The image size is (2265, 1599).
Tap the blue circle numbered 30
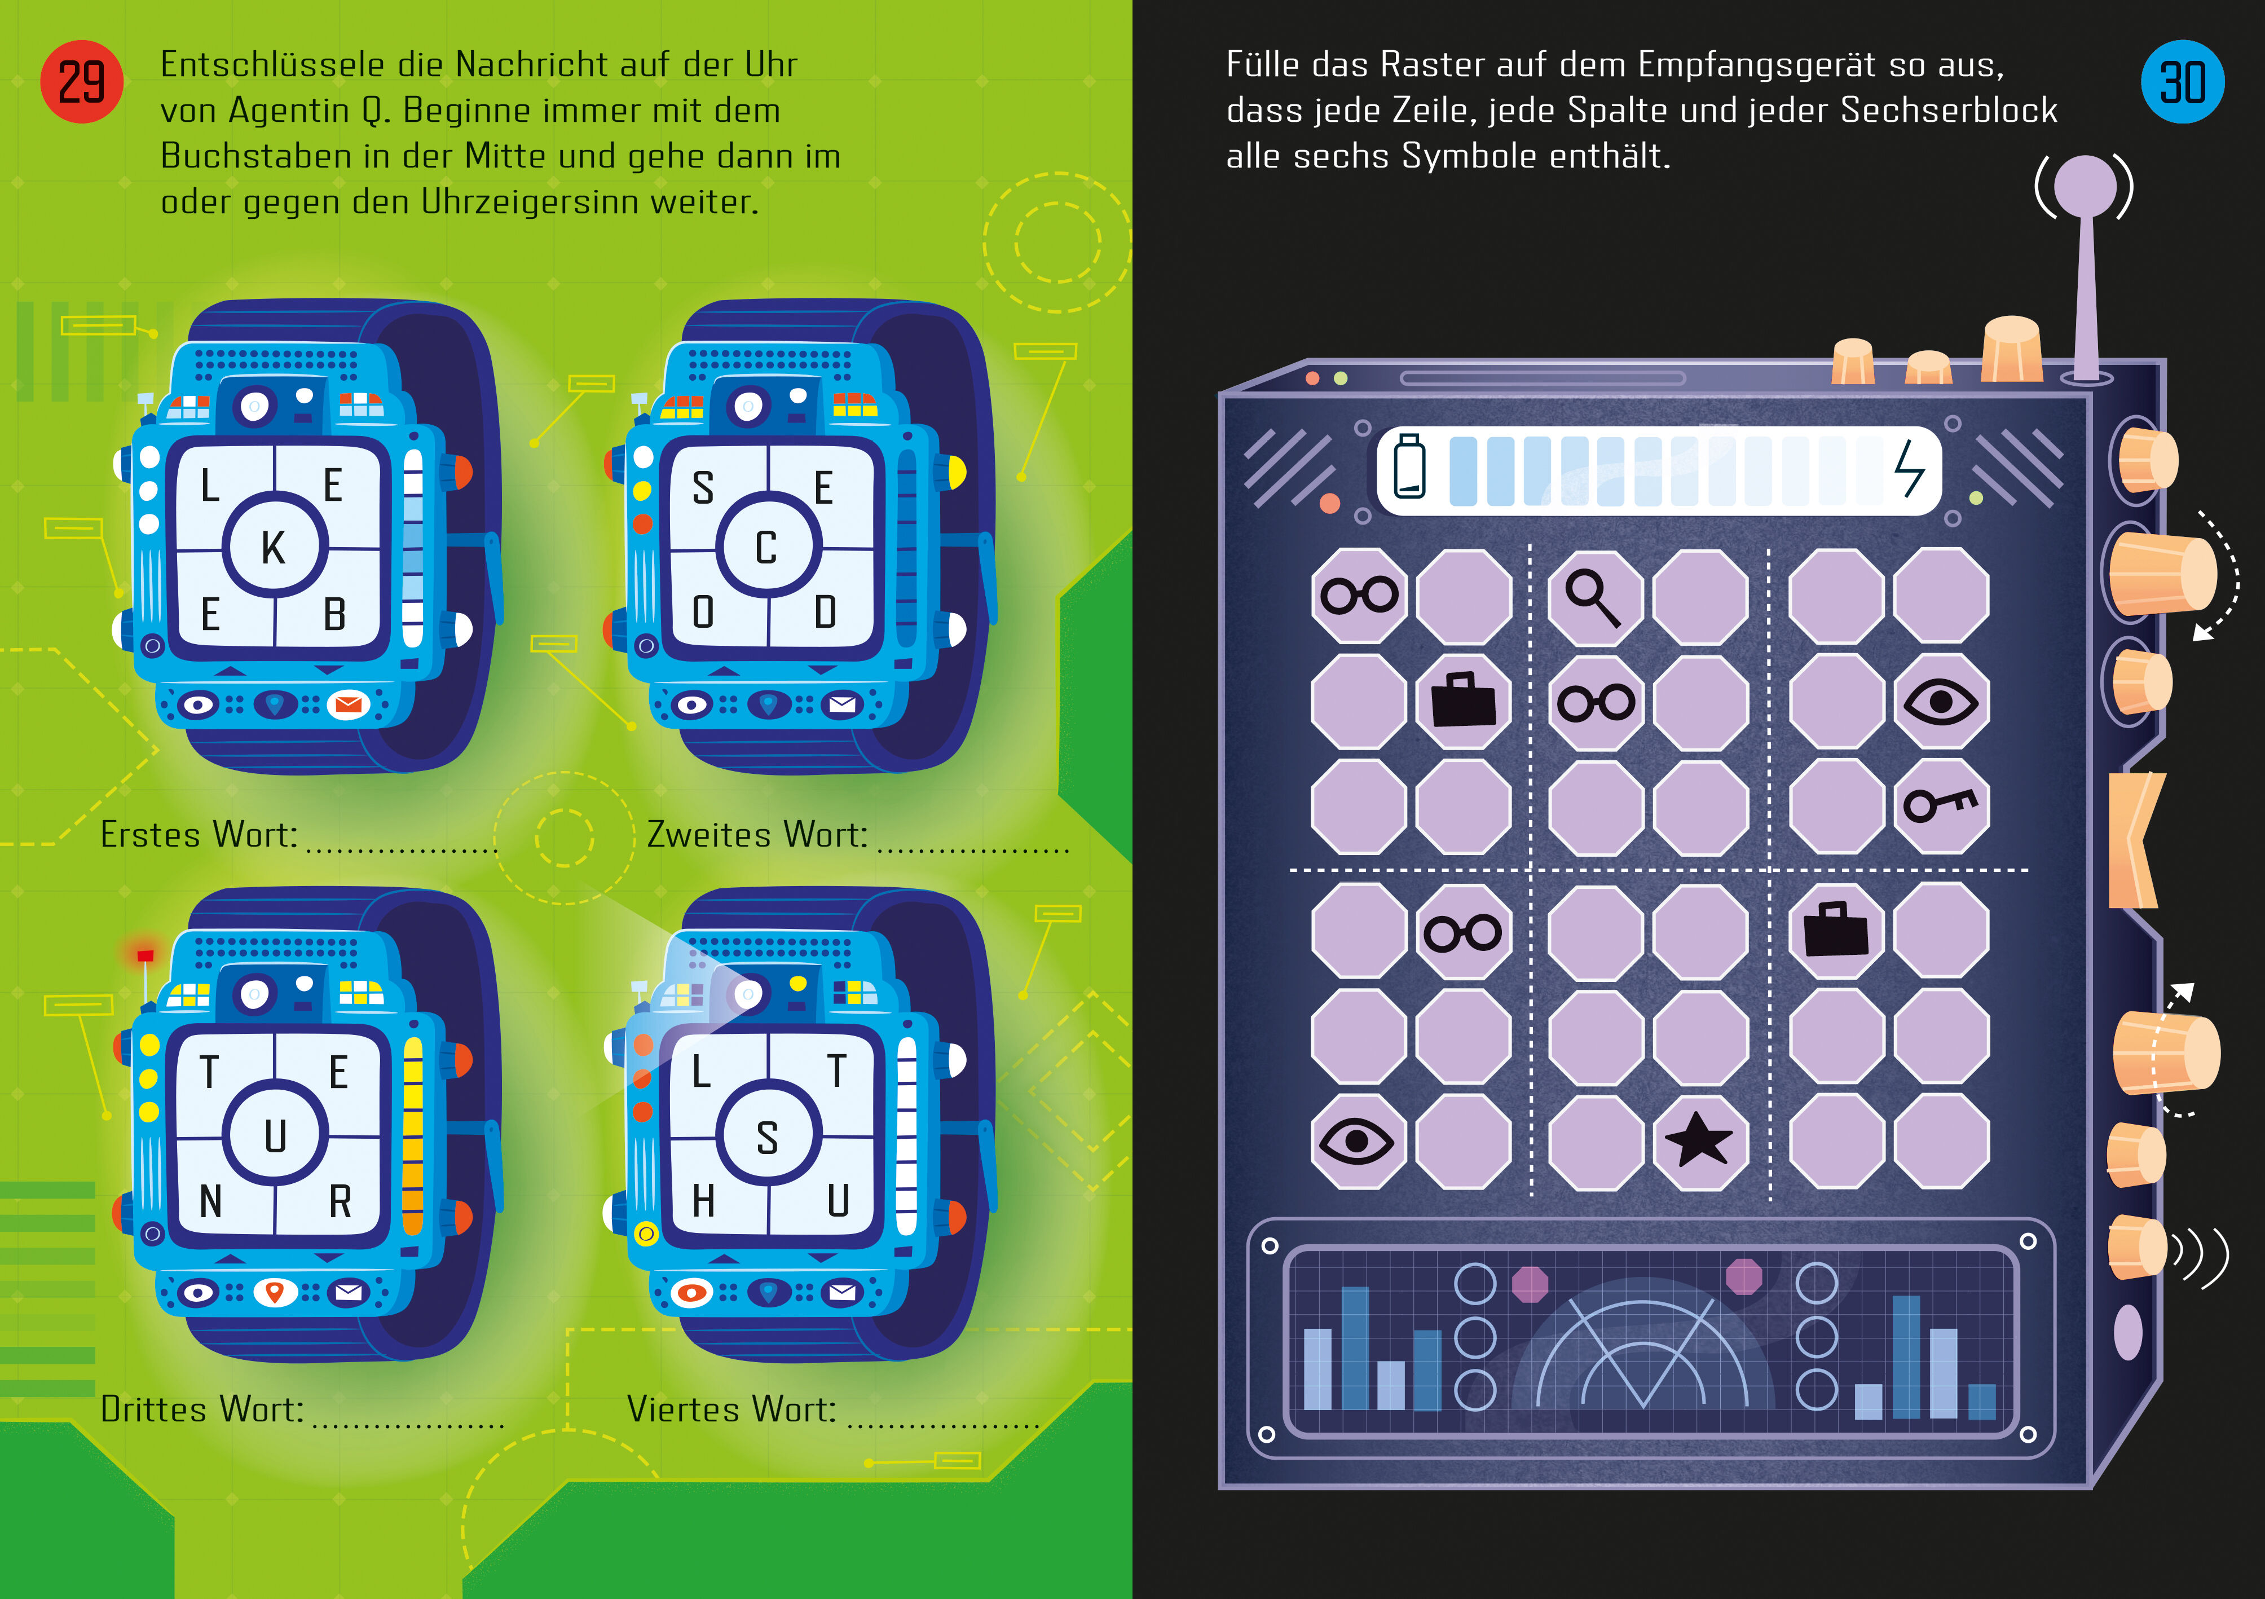pos(2182,82)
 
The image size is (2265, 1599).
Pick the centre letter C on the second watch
pos(766,548)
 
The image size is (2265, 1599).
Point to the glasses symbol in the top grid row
pos(1359,595)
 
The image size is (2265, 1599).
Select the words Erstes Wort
pos(199,835)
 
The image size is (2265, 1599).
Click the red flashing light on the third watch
pos(145,955)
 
